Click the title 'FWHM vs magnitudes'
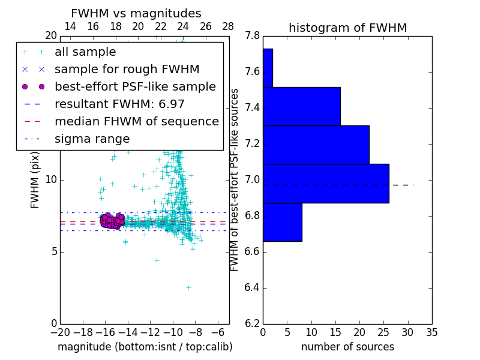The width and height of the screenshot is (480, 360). point(136,14)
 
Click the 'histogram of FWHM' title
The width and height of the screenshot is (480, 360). point(347,28)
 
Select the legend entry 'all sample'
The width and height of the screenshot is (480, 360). point(85,52)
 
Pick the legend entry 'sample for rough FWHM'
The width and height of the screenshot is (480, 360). point(127,69)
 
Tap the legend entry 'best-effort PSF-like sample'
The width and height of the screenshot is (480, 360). point(135,86)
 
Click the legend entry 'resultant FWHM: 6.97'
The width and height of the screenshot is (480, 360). point(119,104)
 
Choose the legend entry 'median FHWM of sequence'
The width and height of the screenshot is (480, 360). point(136,121)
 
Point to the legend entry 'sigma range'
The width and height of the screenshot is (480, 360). point(92,139)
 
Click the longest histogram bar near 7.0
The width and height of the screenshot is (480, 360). point(326,183)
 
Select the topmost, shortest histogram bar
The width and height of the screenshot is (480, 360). point(268,68)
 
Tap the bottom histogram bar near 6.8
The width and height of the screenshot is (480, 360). point(282,222)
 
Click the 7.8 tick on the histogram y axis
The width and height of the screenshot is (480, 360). point(253,36)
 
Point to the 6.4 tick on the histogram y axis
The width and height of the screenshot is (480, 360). point(253,287)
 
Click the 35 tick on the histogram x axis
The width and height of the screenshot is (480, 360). point(431,332)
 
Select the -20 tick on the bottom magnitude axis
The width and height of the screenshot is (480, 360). point(60,332)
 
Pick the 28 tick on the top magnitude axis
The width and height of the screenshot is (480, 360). point(228,26)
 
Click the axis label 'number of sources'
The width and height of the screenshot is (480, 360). point(347,347)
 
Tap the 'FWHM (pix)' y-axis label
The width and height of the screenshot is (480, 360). point(35,179)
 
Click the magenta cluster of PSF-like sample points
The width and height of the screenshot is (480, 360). point(112,220)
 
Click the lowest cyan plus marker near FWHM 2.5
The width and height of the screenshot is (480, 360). point(188,287)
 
